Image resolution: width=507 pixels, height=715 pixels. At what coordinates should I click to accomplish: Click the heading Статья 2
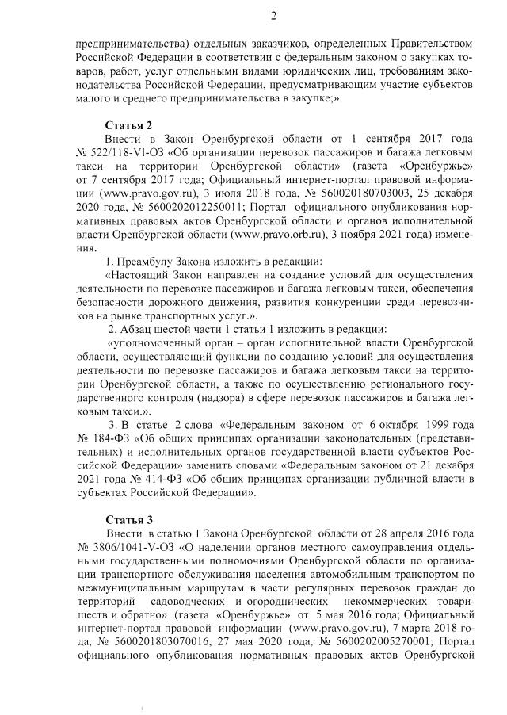click(129, 124)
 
